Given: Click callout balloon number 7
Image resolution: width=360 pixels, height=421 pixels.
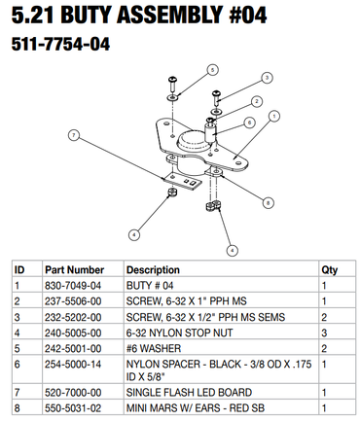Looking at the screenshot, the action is [74, 135].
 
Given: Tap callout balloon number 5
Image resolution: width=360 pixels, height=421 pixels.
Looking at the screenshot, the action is [212, 70].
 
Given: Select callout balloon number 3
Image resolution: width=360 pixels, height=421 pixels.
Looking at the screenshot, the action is [267, 78].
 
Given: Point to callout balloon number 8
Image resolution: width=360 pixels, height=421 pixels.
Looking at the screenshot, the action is [268, 203].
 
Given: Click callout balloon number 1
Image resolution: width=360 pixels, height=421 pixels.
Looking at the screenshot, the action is [274, 116].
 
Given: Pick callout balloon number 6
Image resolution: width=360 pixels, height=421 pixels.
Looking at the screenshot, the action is [249, 123].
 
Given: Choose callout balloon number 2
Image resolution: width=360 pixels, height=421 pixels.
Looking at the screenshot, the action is [257, 101].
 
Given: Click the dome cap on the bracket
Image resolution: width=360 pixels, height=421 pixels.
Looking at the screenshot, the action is [193, 140].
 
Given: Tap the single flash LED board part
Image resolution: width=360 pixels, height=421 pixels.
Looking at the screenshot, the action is [182, 180].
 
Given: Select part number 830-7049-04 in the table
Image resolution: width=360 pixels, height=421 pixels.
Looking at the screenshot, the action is [73, 286].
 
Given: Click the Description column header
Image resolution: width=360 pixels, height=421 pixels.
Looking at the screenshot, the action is [153, 270].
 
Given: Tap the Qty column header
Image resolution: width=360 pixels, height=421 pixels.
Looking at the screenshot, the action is [329, 270].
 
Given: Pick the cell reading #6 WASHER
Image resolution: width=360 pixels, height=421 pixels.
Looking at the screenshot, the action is [154, 348].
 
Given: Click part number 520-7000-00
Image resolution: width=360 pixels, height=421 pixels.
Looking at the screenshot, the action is [73, 393].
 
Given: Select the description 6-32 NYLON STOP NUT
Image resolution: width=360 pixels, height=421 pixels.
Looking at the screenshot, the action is [179, 333].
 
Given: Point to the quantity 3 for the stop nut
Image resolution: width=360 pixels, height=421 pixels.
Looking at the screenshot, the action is [324, 333].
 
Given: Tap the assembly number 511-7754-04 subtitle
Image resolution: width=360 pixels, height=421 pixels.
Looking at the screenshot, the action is [60, 44].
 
